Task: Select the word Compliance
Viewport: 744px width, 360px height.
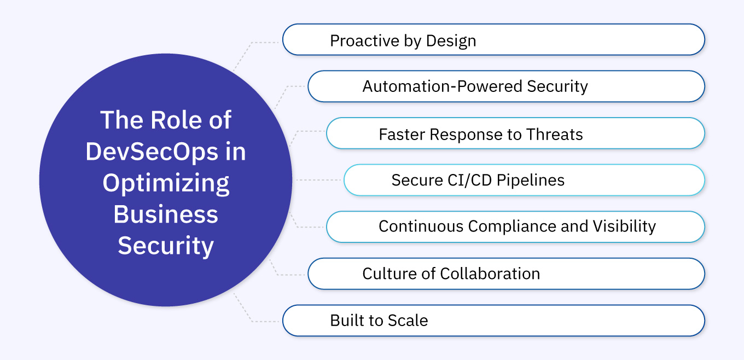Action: [x=503, y=226]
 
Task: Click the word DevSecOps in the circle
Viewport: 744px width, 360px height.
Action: [x=152, y=151]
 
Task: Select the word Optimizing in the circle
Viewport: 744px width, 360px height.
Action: [x=166, y=183]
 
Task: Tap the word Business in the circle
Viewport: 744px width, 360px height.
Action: [x=166, y=214]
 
